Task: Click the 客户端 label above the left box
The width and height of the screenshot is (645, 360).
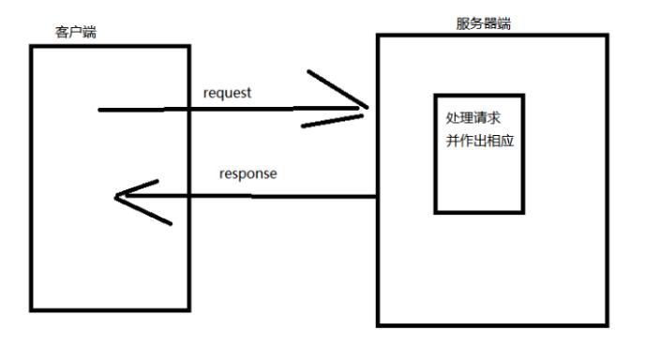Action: pyautogui.click(x=76, y=34)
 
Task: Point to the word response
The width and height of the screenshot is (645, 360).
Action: pyautogui.click(x=247, y=173)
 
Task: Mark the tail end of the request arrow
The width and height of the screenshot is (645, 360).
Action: pyautogui.click(x=99, y=110)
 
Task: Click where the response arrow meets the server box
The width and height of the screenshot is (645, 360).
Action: pyautogui.click(x=377, y=197)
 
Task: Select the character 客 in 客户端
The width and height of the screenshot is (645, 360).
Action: pyautogui.click(x=63, y=34)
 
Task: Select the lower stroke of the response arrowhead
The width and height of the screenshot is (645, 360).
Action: pyautogui.click(x=145, y=211)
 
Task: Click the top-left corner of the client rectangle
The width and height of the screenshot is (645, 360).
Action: pyautogui.click(x=30, y=45)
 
